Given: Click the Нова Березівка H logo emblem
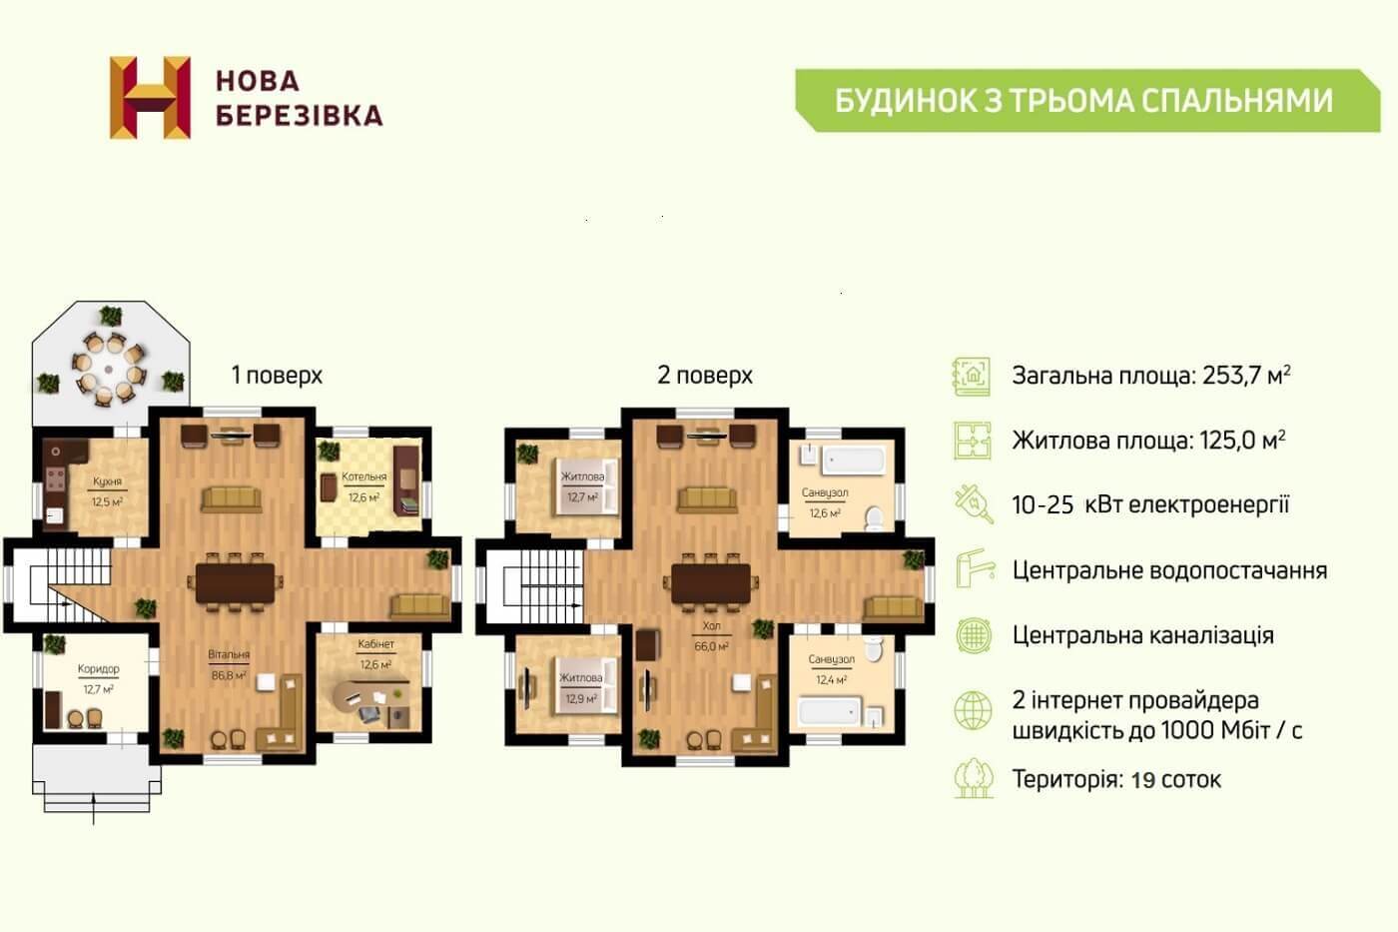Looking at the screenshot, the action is click(150, 97).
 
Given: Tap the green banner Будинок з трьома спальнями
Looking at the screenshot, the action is click(1087, 101).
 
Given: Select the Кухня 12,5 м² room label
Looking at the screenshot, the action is click(108, 491).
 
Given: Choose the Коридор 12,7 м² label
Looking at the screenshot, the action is click(98, 678).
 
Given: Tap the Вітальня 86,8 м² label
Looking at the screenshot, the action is click(229, 664).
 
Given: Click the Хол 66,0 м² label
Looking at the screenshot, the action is click(711, 636).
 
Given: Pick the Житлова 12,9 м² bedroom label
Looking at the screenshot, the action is click(580, 688).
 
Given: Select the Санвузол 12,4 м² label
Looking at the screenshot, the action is click(831, 669).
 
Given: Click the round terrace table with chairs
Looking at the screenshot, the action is click(109, 369).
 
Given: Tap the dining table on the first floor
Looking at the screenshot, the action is click(235, 583).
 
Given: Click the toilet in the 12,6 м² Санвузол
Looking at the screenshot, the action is click(874, 518).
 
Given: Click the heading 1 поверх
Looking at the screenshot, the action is click(278, 376).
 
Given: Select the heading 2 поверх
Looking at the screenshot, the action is click(705, 376).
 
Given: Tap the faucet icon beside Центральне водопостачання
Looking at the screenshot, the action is click(975, 568).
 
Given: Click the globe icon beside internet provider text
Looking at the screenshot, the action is click(973, 710).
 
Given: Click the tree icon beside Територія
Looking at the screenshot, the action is click(974, 778).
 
